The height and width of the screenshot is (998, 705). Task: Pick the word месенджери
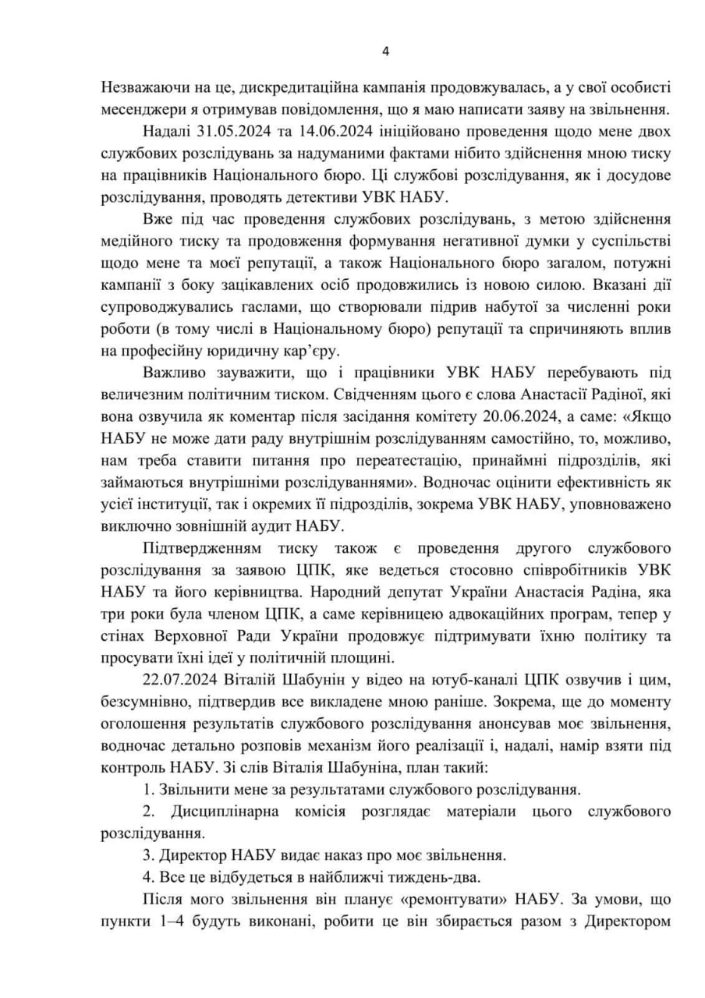140,109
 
